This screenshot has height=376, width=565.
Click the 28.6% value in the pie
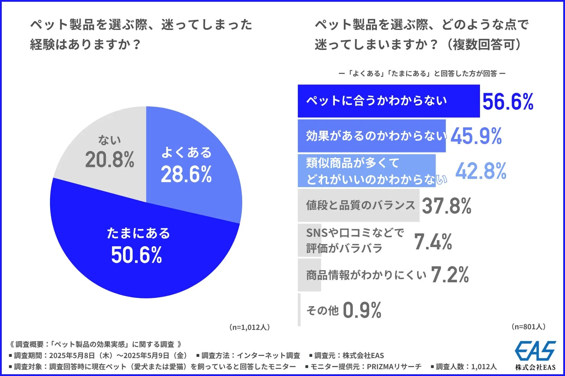[186, 174]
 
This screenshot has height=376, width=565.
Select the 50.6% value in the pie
[137, 255]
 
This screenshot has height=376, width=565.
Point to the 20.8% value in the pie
[110, 160]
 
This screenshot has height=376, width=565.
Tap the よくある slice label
[187, 152]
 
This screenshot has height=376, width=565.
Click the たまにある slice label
[138, 233]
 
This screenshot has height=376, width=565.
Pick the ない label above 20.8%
[109, 140]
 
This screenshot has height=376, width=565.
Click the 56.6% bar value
[508, 102]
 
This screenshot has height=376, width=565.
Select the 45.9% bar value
[476, 136]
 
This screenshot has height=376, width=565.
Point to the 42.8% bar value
[481, 171]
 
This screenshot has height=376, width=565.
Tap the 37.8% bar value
[447, 206]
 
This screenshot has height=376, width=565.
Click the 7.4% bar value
[433, 242]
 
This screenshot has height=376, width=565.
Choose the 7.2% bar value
[450, 275]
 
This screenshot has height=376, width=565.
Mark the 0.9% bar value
[362, 310]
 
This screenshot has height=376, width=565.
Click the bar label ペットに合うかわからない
[376, 101]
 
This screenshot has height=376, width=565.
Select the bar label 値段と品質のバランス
[360, 205]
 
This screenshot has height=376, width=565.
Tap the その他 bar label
[323, 310]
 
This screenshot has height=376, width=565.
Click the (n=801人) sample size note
[529, 327]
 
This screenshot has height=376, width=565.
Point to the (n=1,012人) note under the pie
[250, 327]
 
